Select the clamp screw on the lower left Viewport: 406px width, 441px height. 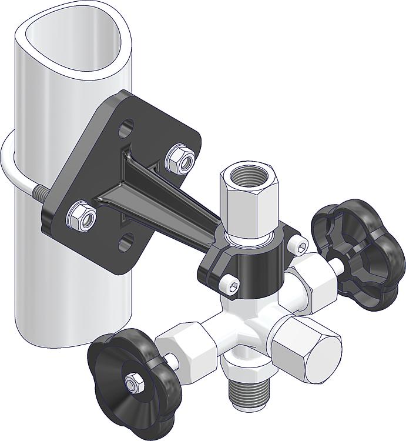point(231,286)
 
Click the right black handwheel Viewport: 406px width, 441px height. point(357,253)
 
